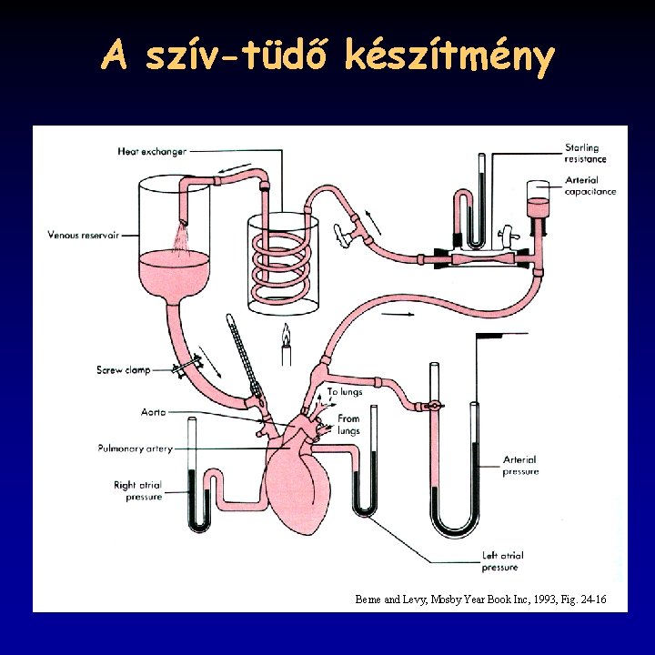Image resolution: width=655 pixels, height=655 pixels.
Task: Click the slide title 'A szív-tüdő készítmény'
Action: [x=327, y=56]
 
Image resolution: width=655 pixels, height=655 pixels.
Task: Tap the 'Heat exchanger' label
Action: [x=151, y=152]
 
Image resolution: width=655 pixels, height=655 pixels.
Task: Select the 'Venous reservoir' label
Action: [x=84, y=236]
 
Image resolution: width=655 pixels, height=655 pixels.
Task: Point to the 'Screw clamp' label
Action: [x=124, y=370]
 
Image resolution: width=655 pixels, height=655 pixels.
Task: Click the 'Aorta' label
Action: [x=127, y=412]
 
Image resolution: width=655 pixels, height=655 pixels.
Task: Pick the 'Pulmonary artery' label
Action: [x=135, y=448]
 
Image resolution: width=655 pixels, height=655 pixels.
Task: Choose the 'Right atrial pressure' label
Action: [x=137, y=491]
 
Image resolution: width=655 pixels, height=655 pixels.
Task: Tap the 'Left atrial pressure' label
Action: [x=502, y=561]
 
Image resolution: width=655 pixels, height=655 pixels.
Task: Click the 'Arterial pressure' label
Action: [x=520, y=466]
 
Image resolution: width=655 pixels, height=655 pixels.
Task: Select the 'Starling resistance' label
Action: [x=585, y=154]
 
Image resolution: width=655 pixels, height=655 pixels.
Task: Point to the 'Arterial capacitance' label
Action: [x=589, y=186]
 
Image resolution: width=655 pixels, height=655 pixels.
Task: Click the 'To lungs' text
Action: [x=345, y=392]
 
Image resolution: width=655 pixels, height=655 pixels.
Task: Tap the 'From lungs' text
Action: [x=348, y=425]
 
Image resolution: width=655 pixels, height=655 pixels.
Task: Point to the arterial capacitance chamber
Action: [x=539, y=207]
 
